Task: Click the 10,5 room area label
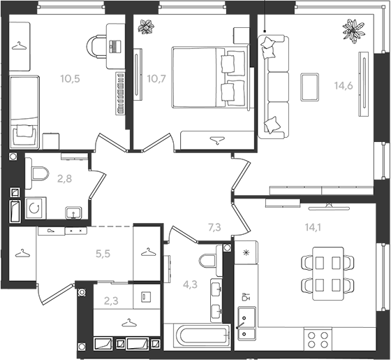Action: click(70, 78)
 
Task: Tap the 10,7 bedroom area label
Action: click(156, 78)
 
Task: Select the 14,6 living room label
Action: click(344, 85)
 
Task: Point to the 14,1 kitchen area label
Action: click(313, 227)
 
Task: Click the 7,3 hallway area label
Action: click(214, 227)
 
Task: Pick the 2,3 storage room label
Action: click(111, 301)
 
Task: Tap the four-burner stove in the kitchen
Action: click(318, 340)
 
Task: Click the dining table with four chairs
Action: click(327, 273)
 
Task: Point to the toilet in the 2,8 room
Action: click(37, 173)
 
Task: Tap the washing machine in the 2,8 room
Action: click(36, 208)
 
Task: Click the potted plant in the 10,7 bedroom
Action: click(146, 27)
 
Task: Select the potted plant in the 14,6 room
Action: click(353, 31)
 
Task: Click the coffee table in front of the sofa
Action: click(309, 87)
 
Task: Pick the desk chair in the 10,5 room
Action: click(96, 47)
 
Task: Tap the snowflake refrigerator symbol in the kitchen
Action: click(246, 253)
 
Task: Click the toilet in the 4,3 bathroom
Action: click(211, 261)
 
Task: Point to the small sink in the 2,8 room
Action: click(73, 213)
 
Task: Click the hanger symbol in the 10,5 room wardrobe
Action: click(20, 46)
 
